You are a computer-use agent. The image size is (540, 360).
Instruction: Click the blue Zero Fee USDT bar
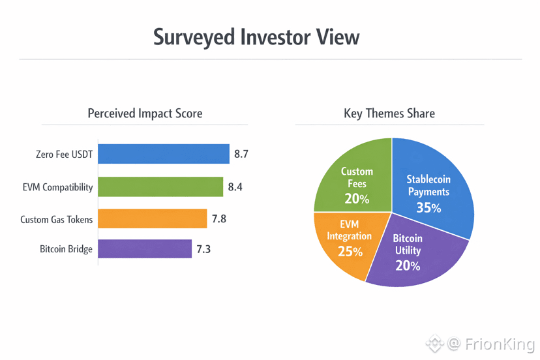point(163,154)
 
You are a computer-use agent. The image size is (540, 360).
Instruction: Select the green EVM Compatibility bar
point(160,187)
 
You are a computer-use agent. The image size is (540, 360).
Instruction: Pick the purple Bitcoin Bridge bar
point(145,248)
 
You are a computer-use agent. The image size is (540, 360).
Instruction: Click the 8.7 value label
point(241,155)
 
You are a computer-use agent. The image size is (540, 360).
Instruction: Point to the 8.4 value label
point(235,187)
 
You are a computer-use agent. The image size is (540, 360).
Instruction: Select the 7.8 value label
point(218,219)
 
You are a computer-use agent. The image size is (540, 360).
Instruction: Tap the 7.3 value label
point(203,249)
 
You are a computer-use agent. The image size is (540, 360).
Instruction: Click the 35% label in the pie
point(428,208)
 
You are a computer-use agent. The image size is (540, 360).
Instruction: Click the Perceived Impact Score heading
point(145,113)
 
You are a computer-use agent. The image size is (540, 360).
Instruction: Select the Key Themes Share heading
point(389,113)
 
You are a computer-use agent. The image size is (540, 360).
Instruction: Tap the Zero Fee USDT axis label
point(64,155)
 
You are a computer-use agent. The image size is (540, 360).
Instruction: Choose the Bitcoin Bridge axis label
point(66,249)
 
